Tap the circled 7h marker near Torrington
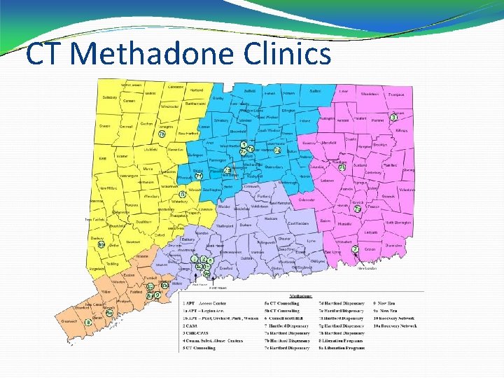162,134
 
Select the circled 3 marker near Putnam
393,118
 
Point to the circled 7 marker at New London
356,249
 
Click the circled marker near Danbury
101,244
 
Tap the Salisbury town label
110,97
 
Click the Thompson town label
398,94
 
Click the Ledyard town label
370,232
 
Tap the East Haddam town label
297,223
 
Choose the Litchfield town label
150,150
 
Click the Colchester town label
307,200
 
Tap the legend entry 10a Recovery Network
395,325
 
